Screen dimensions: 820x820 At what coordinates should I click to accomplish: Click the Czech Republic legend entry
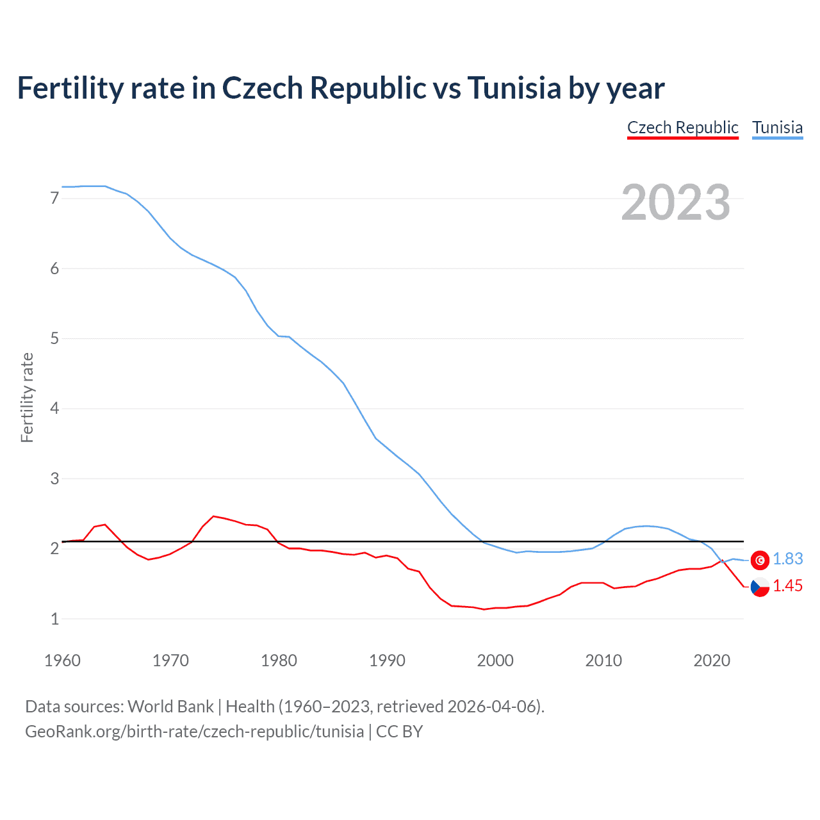tap(682, 127)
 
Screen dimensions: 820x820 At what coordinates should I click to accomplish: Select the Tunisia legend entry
tap(777, 127)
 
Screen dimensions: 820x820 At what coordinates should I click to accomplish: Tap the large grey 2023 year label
tap(676, 202)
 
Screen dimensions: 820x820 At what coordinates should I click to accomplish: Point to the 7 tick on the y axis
tap(54, 199)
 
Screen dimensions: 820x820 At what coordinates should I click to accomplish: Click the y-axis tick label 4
tap(54, 409)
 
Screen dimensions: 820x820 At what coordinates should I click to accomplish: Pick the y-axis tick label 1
tap(54, 619)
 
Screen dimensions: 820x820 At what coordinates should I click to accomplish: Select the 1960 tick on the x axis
tap(62, 660)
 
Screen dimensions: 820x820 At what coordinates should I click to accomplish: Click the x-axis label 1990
tap(387, 660)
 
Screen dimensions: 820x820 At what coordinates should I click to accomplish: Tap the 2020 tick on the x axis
tap(712, 660)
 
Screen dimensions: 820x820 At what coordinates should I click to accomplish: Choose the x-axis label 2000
tap(495, 660)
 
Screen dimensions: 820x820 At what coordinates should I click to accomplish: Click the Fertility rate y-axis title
tap(27, 397)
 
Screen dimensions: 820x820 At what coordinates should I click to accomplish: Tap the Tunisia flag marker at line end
tap(760, 560)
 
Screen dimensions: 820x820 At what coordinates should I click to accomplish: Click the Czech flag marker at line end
tap(760, 586)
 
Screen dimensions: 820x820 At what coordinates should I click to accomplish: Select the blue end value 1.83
tap(787, 559)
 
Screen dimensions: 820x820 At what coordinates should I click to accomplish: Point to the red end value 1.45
tap(787, 586)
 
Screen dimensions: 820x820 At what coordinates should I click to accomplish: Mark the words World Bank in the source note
tap(170, 707)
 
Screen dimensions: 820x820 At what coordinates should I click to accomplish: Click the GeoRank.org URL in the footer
tap(194, 732)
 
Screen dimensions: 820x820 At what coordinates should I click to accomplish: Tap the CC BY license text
tap(399, 732)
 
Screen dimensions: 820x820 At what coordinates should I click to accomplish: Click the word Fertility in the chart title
tap(69, 88)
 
